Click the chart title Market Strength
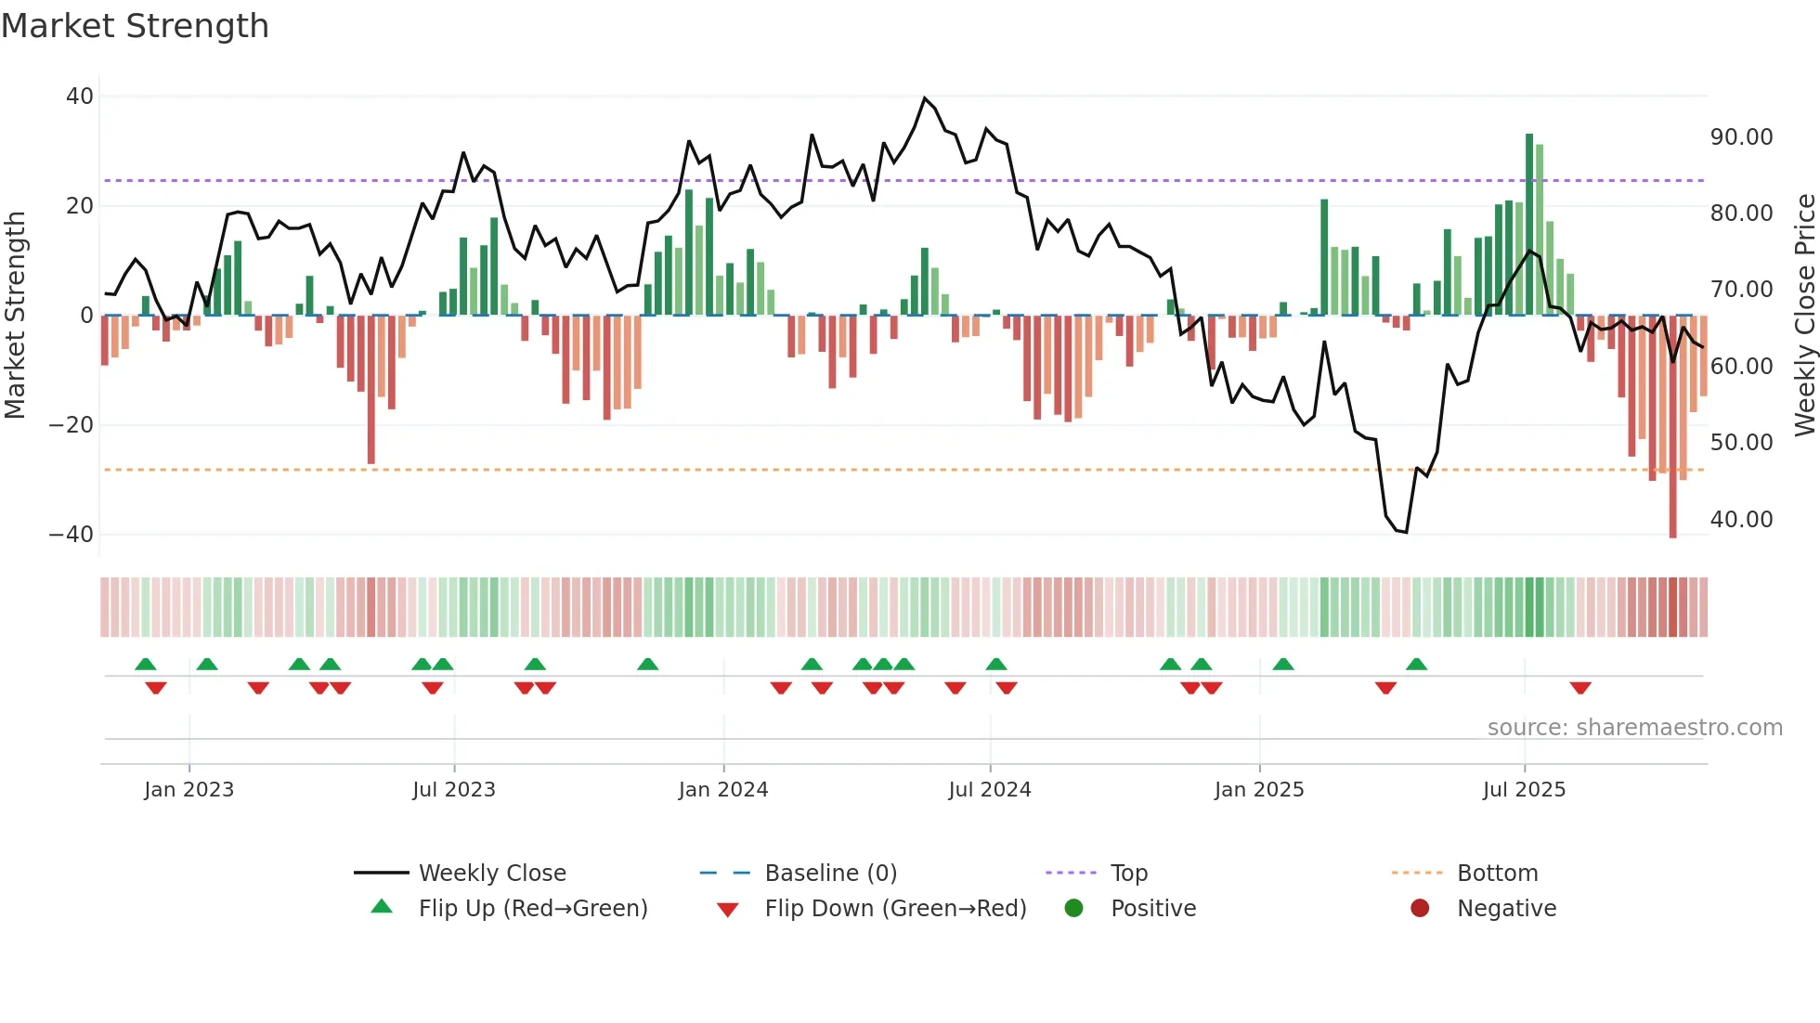pos(135,26)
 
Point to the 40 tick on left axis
pos(80,97)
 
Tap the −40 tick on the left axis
pos(71,535)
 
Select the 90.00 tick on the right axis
pos(1741,137)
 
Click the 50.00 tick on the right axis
pos(1741,443)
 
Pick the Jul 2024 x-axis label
pos(989,790)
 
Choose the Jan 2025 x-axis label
pos(1258,790)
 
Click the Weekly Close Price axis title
pos(1804,316)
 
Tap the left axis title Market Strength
pos(15,316)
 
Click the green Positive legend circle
pos(1074,909)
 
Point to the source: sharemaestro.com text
pos(1634,728)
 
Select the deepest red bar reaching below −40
pos(1672,427)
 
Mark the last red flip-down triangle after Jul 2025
pos(1580,688)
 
